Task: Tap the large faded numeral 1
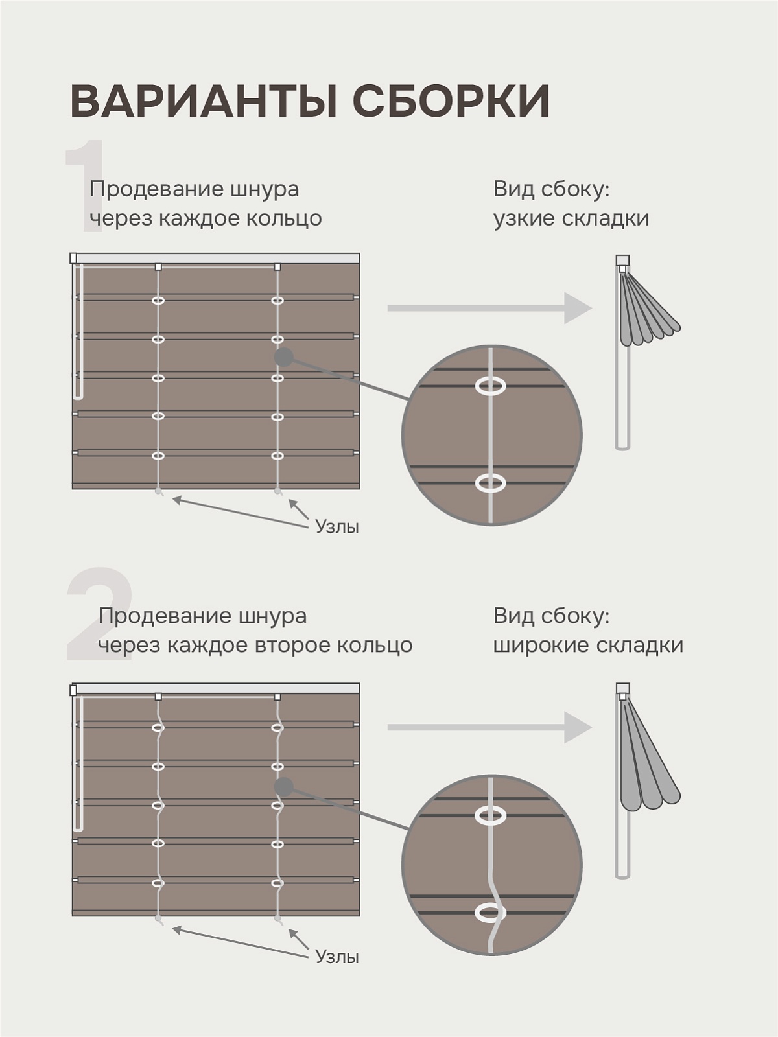click(85, 185)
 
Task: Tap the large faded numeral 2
click(100, 612)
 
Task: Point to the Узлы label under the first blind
click(337, 526)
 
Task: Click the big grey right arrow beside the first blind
click(490, 308)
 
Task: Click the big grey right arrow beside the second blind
click(490, 728)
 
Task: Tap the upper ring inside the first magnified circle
click(490, 386)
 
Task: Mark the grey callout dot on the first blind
click(284, 357)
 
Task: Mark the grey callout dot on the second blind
click(284, 787)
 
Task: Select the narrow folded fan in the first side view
click(650, 309)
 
